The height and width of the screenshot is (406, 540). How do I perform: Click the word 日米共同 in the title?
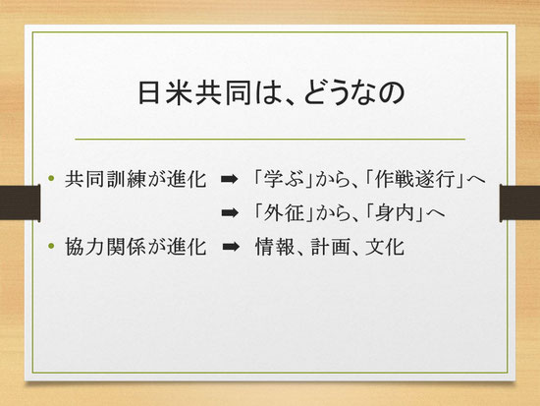tap(194, 93)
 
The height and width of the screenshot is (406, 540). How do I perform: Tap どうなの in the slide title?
tap(353, 93)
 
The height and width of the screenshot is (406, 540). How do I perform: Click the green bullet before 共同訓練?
tap(52, 178)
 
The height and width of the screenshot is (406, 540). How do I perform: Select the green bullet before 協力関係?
tap(52, 246)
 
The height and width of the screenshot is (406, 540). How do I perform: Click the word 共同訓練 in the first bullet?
tap(106, 179)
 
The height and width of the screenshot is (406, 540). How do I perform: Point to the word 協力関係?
tap(106, 247)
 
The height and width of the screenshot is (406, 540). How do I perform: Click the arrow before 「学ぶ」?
tap(230, 179)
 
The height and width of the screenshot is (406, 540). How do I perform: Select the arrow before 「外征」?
tap(230, 213)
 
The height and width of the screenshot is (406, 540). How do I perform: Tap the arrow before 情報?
tap(231, 247)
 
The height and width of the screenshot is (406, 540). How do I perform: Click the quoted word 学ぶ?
tap(284, 179)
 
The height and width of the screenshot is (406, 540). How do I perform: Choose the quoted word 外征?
tap(284, 213)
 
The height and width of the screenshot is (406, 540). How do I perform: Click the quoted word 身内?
tap(395, 213)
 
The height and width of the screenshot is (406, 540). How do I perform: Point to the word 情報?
tap(275, 247)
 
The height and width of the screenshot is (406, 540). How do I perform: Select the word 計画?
tap(330, 247)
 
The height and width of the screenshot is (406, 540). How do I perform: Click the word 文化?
tap(385, 247)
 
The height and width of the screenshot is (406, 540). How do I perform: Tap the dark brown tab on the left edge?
tap(20, 203)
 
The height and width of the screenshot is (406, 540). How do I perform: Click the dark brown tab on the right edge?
tap(519, 203)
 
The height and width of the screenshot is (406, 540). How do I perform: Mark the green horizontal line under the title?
tap(270, 140)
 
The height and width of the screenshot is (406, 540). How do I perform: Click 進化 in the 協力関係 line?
tap(187, 247)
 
